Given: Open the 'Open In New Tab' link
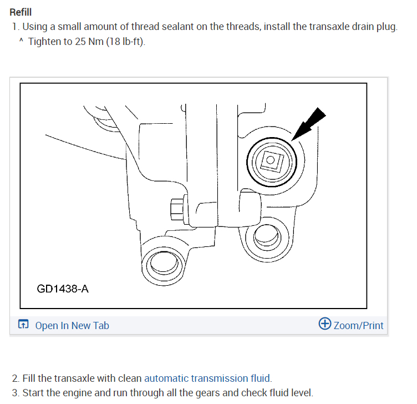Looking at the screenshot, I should click(72, 325).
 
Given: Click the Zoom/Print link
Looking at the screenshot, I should click(358, 325).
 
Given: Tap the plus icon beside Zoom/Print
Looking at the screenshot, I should click(325, 324).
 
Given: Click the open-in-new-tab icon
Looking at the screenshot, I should click(23, 325).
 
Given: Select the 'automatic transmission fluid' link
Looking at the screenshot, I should click(207, 378).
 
